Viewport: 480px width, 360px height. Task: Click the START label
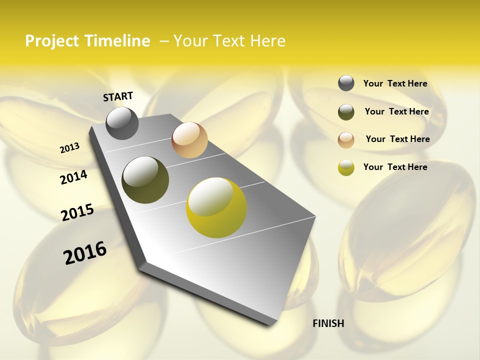click(x=118, y=96)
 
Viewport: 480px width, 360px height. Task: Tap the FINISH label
click(x=328, y=323)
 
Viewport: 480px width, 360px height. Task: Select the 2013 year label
click(x=70, y=148)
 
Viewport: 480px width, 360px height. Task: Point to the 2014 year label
click(x=74, y=177)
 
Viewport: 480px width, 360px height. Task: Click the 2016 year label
click(x=85, y=253)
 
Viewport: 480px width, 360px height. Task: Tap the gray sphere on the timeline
click(x=122, y=123)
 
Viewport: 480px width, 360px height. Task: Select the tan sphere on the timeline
click(x=189, y=140)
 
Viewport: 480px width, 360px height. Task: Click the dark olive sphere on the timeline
click(x=145, y=180)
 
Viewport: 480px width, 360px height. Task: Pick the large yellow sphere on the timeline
click(x=216, y=207)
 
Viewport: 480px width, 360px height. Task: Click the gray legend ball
click(x=346, y=83)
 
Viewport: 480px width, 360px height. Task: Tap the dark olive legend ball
click(x=346, y=112)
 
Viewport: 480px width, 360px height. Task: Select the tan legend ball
click(x=346, y=140)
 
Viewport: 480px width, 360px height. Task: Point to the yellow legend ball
click(x=346, y=167)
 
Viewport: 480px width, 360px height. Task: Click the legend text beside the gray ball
click(x=395, y=84)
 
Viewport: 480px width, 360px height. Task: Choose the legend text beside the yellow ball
click(x=395, y=167)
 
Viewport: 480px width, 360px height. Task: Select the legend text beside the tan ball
click(x=397, y=139)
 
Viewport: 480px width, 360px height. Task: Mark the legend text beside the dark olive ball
click(x=396, y=111)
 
